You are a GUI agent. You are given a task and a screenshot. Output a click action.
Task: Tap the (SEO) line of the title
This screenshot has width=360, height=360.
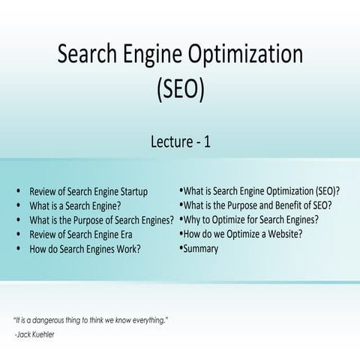tap(180, 90)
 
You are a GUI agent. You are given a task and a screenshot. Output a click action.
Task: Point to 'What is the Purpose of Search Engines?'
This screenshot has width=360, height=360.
tap(101, 220)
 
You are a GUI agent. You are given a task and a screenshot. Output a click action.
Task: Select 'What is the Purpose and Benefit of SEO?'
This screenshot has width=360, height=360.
tap(257, 205)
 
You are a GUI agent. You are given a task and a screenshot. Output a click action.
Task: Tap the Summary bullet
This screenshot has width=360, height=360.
tap(201, 248)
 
